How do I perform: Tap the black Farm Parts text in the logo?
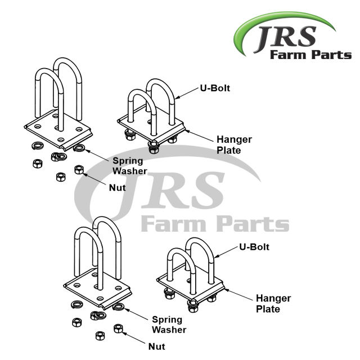click(x=311, y=55)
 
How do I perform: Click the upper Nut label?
click(x=117, y=187)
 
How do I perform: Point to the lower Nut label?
click(x=157, y=348)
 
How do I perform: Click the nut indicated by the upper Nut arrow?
click(x=79, y=169)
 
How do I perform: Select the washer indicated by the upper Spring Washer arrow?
click(x=79, y=148)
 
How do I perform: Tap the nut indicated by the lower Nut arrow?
click(x=118, y=328)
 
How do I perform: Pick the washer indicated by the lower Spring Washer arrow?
click(x=119, y=307)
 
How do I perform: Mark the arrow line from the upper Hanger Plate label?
click(x=200, y=134)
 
